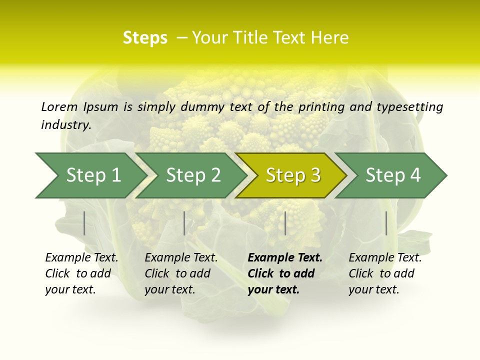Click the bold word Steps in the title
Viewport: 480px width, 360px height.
click(x=145, y=38)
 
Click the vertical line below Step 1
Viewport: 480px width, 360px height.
click(x=84, y=223)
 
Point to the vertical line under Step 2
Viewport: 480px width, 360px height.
click(x=184, y=223)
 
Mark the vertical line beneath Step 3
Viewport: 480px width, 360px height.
click(x=285, y=223)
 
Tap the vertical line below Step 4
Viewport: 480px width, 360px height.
click(x=386, y=223)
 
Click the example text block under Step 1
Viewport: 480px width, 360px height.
click(x=81, y=273)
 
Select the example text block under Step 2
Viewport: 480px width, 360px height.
click(x=181, y=273)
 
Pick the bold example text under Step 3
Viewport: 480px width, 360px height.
click(x=285, y=273)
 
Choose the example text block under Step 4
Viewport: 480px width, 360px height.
click(x=385, y=273)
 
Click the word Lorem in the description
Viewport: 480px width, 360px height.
click(x=59, y=106)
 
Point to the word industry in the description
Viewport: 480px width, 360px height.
click(x=66, y=125)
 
